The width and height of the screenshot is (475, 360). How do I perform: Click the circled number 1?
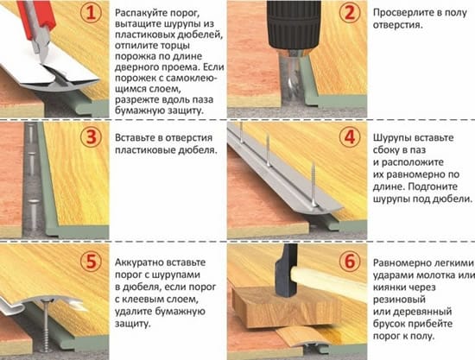click(x=92, y=14)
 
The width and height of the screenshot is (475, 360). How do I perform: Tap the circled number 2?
click(x=350, y=14)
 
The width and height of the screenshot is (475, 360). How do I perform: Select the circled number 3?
click(x=92, y=137)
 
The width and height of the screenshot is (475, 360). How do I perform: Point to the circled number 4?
click(x=350, y=137)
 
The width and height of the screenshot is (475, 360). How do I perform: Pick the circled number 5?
click(x=92, y=261)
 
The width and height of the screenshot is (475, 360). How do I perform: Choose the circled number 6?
click(x=350, y=261)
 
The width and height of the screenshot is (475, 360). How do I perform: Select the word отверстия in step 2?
click(x=397, y=25)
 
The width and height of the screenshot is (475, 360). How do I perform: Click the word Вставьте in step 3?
click(x=134, y=138)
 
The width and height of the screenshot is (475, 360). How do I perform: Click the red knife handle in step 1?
click(x=38, y=18)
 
